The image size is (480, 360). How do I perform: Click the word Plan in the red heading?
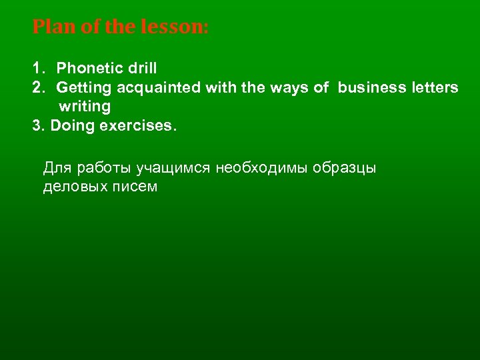point(49,28)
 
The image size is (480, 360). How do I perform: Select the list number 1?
point(37,68)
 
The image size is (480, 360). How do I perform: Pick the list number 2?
point(37,87)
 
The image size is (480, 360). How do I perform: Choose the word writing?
point(85,107)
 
